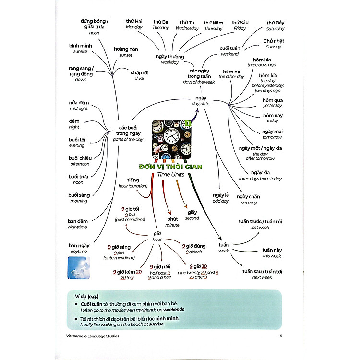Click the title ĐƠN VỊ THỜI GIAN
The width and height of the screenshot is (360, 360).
(x=170, y=167)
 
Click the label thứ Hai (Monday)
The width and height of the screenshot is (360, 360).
(x=134, y=24)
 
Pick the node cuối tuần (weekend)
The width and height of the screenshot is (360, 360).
(x=229, y=51)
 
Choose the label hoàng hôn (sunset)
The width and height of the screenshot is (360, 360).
(x=126, y=52)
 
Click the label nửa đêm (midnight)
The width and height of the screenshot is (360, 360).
(x=79, y=106)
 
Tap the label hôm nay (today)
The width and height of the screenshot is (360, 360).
(x=273, y=118)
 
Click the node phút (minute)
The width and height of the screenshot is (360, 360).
(x=172, y=221)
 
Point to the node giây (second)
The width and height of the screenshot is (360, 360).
(x=192, y=215)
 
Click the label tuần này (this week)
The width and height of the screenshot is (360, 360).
(x=272, y=252)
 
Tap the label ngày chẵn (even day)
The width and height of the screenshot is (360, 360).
(x=248, y=198)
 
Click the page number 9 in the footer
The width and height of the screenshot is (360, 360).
(x=281, y=336)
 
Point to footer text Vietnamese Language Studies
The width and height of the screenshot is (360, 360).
(x=93, y=336)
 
